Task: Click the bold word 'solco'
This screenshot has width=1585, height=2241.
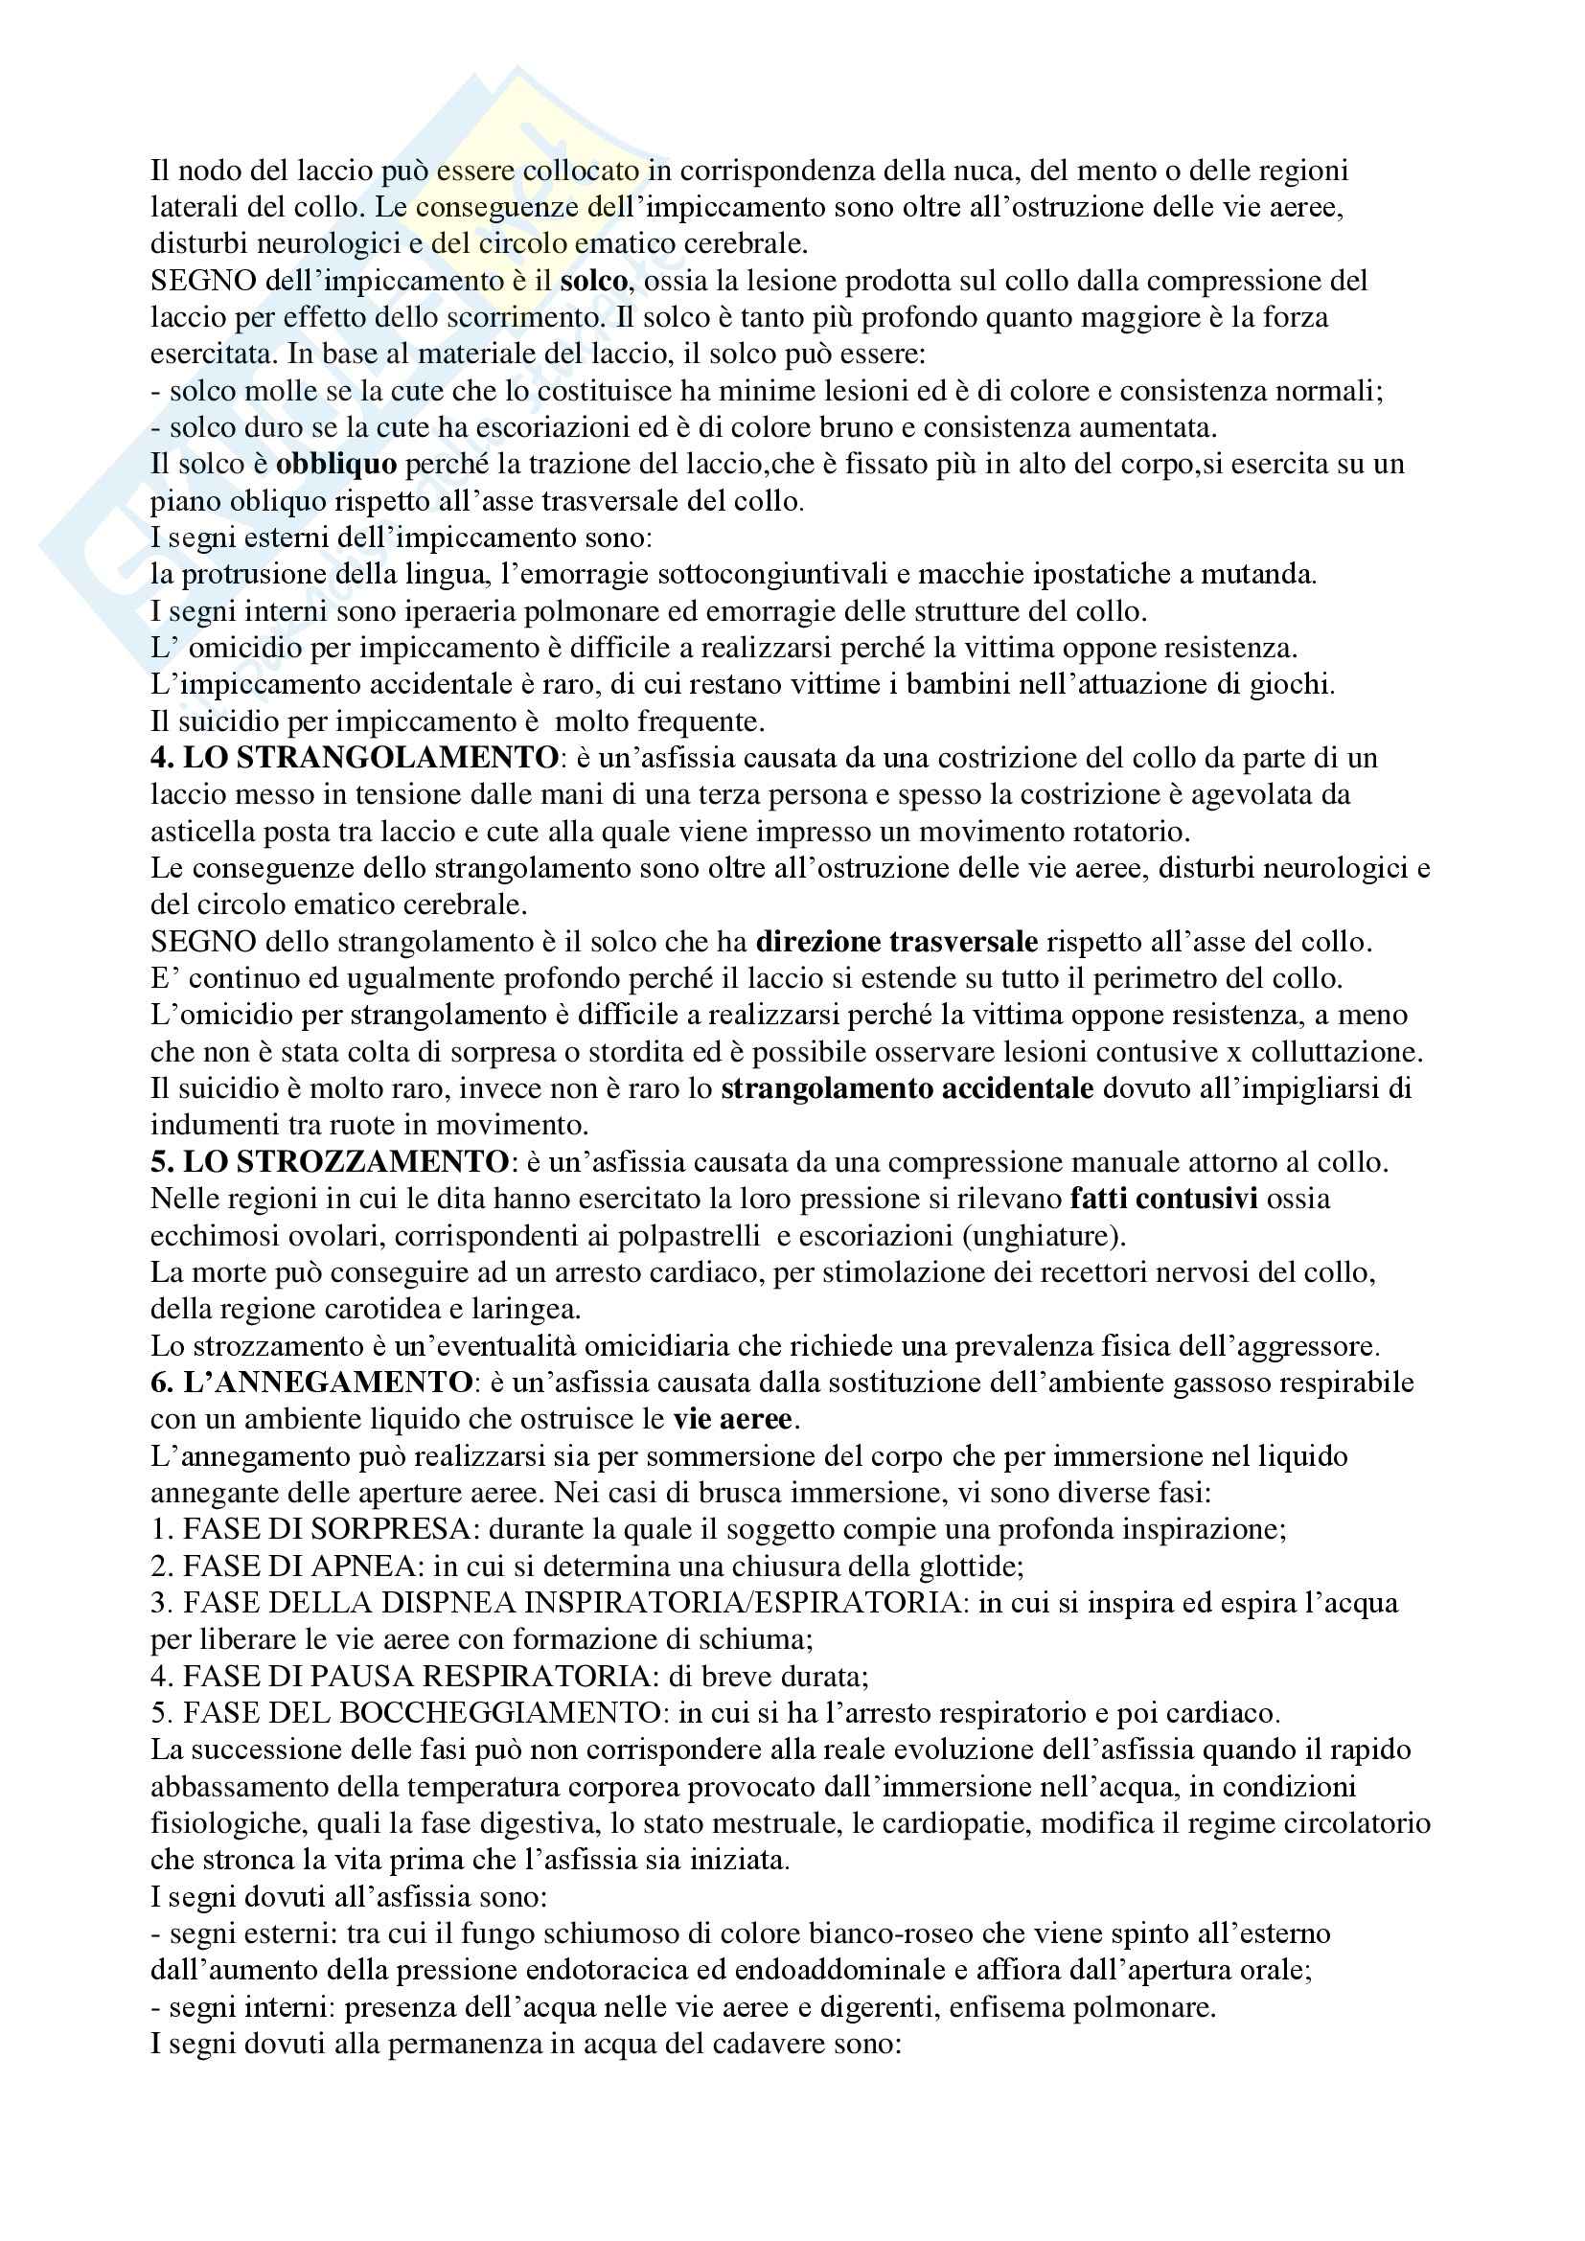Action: (x=593, y=281)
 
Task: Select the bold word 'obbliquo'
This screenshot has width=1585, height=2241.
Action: (x=335, y=464)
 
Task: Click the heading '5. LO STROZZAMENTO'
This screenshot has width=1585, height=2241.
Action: (x=329, y=1161)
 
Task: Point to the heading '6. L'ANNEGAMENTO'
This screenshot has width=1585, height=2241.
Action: (x=311, y=1383)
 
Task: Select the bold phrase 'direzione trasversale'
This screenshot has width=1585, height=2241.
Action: (x=897, y=942)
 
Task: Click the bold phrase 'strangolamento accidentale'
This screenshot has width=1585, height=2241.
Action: (x=907, y=1088)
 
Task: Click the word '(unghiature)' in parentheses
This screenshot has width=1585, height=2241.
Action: (x=1044, y=1236)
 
